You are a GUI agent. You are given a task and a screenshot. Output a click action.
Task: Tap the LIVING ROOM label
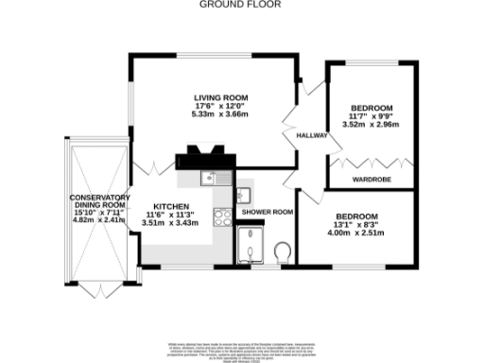tap(220, 98)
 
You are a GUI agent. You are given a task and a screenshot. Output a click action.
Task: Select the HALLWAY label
tap(312, 135)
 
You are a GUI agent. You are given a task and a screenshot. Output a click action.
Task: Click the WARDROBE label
tap(372, 177)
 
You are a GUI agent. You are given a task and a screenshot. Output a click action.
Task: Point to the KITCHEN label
tap(172, 206)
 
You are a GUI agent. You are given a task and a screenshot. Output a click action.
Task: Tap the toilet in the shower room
tap(282, 251)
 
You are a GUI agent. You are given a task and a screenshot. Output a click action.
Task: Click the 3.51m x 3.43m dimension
tap(172, 223)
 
